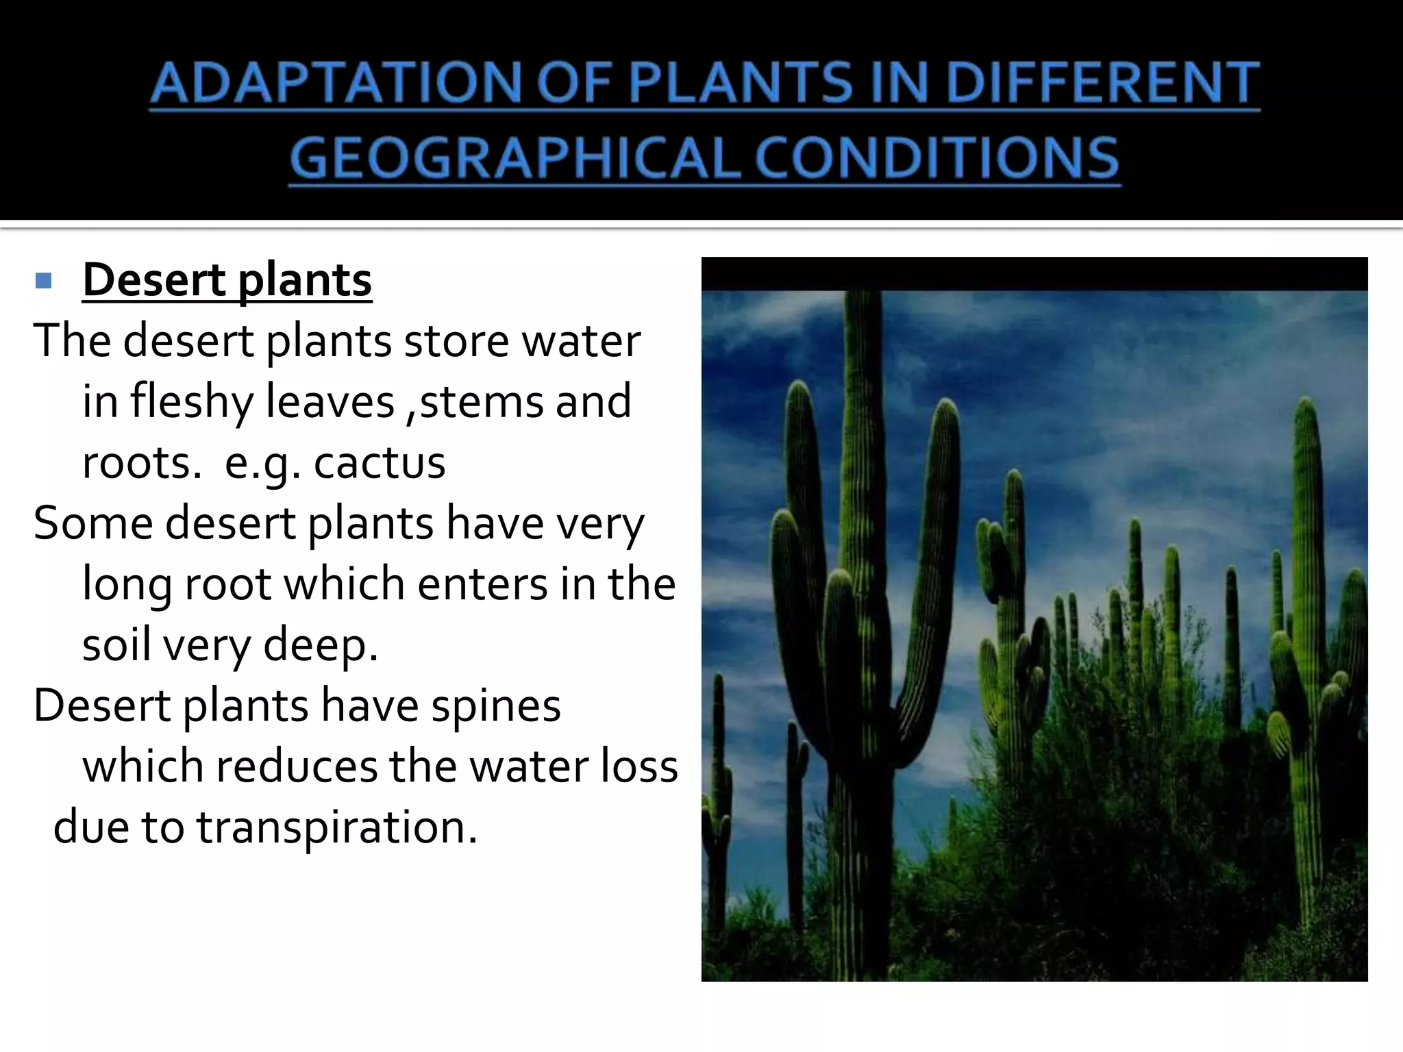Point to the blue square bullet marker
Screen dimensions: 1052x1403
43,280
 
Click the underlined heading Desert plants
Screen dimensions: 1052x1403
227,280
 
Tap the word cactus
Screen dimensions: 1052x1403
380,462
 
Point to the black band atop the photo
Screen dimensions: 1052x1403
1034,274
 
